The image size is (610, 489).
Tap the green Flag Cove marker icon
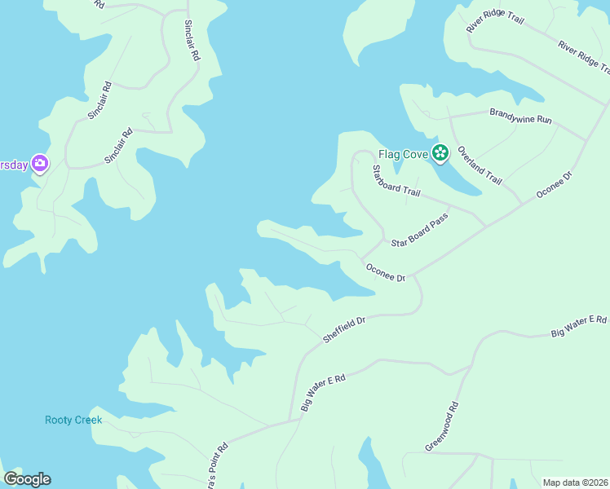440,152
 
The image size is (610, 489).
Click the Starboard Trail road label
396,182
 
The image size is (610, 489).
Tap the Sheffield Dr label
343,329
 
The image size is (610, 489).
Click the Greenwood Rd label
442,426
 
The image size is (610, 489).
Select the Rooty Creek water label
73,420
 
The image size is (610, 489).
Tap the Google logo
27,479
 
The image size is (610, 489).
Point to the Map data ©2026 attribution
574,482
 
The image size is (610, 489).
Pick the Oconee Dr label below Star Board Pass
385,271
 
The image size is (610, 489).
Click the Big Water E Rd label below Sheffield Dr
323,392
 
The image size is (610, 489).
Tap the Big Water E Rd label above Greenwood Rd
579,326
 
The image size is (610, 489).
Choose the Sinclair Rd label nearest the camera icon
118,146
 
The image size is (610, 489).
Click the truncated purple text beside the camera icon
14,165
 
